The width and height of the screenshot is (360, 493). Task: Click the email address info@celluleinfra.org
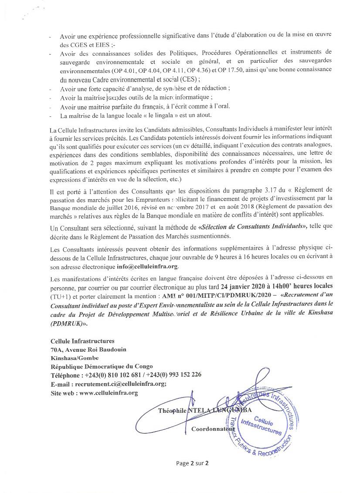149,267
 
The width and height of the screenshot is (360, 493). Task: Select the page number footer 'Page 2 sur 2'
193,463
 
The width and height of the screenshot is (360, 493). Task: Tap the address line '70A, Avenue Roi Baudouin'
81,349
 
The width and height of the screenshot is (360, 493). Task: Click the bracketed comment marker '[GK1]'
112,98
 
